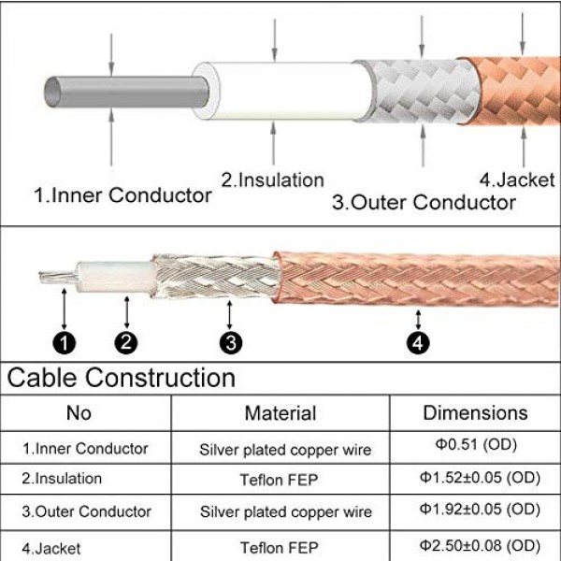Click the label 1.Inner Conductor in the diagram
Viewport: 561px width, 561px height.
122,195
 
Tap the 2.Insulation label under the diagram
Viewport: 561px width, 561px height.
272,180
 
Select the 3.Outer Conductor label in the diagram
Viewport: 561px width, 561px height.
424,201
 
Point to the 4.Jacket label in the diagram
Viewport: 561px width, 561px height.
517,180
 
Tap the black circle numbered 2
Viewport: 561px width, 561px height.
128,343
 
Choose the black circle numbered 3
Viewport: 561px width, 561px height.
231,343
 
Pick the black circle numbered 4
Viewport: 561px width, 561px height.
419,343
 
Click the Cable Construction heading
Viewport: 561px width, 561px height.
122,378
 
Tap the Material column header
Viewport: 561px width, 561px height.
280,412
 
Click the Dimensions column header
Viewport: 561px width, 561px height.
475,412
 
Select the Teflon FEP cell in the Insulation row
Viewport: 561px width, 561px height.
285,479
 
